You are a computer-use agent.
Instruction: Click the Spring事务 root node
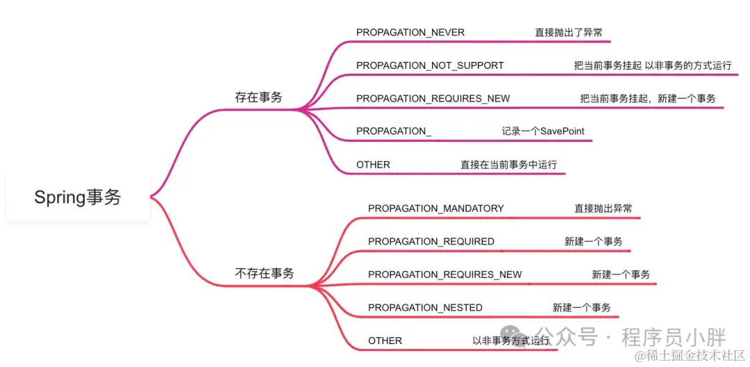[78, 197]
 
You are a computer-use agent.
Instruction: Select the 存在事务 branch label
[258, 97]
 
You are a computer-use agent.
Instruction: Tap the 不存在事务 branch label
[265, 274]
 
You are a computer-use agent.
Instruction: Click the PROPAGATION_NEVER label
[410, 33]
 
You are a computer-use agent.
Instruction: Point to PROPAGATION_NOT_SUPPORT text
[430, 65]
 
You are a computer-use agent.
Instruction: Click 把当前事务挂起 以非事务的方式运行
[652, 65]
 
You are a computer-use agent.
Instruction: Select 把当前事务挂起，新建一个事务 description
[648, 99]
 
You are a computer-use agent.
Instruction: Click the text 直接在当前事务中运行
[508, 165]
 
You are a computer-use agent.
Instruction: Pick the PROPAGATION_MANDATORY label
[436, 209]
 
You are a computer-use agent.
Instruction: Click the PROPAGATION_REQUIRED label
[431, 241]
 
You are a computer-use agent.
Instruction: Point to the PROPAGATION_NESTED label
[425, 307]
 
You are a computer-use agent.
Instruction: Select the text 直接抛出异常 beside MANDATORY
[603, 209]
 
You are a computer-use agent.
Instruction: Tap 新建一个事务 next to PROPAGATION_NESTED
[582, 307]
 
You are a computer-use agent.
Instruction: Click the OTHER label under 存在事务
[373, 165]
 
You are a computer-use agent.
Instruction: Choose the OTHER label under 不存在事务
[385, 341]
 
